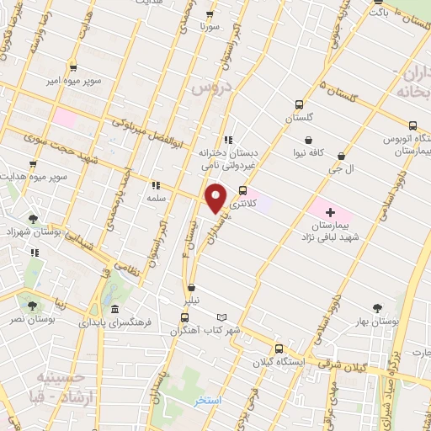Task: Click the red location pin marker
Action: click(x=216, y=197)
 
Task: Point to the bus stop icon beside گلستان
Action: click(x=299, y=104)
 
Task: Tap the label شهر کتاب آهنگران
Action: click(x=205, y=330)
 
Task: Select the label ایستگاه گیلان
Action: click(x=281, y=362)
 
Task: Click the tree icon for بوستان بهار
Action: click(x=376, y=308)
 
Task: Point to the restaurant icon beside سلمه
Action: click(x=155, y=185)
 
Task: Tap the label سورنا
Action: click(x=209, y=27)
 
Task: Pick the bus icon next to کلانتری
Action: click(x=244, y=190)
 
